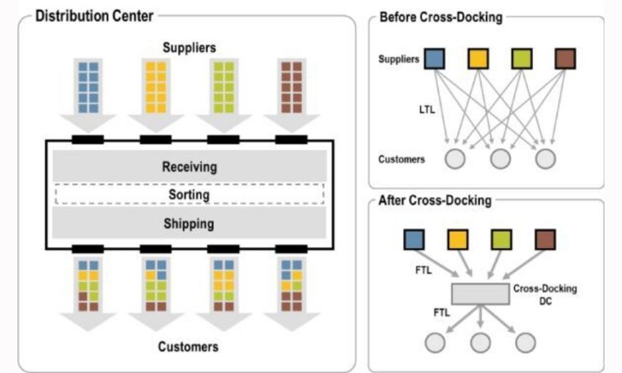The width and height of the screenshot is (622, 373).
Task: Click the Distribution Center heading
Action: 94,16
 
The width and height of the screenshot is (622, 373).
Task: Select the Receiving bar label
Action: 189,167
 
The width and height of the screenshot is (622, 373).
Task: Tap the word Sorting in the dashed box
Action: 189,195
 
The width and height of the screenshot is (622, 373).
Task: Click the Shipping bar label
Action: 189,223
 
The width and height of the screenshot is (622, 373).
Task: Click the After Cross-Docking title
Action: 435,201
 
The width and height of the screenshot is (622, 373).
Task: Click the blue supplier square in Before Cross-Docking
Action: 435,59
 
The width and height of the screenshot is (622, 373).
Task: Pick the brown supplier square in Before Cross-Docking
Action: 565,59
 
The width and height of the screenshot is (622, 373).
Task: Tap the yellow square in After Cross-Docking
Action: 458,239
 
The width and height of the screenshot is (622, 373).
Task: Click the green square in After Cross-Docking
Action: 501,239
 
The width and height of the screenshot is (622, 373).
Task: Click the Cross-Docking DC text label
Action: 537,295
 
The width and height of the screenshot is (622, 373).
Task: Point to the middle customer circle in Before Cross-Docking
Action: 500,160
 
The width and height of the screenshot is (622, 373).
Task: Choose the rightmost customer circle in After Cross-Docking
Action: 525,343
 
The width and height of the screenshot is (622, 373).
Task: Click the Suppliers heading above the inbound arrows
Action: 189,47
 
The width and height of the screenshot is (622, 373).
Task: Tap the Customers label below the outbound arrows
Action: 188,346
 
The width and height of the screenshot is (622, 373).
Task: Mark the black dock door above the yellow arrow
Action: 155,139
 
